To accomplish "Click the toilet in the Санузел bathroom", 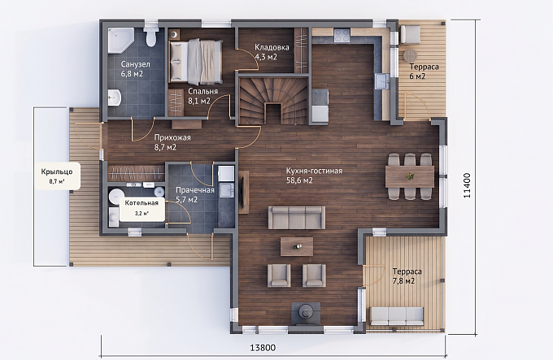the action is click(150, 37).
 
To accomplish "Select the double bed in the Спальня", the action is click(196, 61).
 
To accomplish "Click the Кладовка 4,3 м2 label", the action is click(272, 52).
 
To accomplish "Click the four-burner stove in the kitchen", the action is click(342, 36).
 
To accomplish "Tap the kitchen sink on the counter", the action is click(382, 82).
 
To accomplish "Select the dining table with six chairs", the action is click(410, 176).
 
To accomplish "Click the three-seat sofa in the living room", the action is click(297, 217).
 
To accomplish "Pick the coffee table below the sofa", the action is click(297, 246).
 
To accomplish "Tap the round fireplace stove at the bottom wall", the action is click(305, 312).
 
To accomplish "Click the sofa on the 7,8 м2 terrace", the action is click(397, 316).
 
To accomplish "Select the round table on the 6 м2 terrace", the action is click(410, 55).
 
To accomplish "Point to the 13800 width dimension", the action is click(263, 348).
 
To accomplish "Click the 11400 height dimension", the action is click(467, 185).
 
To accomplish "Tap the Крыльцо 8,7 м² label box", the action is click(57, 176).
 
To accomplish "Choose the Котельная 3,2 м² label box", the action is click(142, 208).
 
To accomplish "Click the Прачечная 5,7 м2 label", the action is click(195, 195).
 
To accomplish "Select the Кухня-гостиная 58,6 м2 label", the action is click(314, 176).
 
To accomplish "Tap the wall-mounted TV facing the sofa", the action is click(243, 192).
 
